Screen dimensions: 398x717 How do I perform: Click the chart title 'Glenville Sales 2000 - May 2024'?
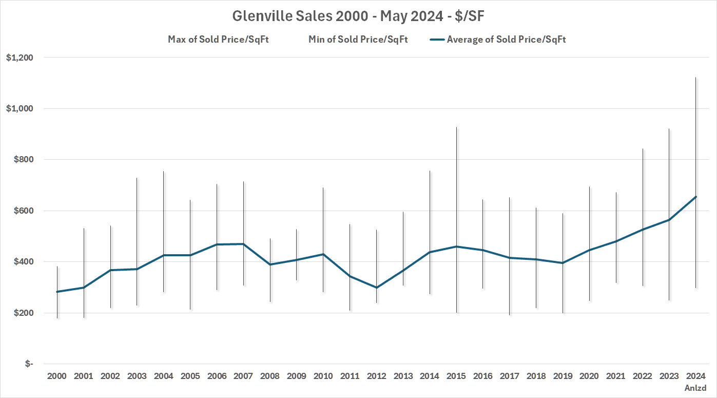click(x=358, y=16)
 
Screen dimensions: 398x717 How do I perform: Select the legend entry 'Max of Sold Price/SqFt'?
click(x=218, y=40)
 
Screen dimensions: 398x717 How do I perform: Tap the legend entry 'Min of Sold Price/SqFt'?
click(x=358, y=40)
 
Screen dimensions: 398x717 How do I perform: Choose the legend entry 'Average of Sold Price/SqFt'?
click(x=506, y=40)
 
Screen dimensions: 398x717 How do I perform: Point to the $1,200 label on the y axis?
click(x=20, y=58)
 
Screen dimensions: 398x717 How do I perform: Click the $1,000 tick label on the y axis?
click(x=20, y=109)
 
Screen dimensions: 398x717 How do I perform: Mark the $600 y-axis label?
click(x=22, y=211)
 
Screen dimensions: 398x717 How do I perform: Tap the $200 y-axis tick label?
click(x=22, y=313)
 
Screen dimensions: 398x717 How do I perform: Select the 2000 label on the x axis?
click(x=57, y=376)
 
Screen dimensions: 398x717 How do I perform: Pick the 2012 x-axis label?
click(x=376, y=376)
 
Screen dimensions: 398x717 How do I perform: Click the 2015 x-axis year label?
click(x=456, y=376)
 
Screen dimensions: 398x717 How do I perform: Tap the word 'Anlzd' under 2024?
click(x=695, y=388)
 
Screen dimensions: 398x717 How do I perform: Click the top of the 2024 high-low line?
click(x=695, y=78)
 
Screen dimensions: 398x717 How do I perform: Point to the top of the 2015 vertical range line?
click(x=456, y=127)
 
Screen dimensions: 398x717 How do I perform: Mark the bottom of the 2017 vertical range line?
click(x=510, y=315)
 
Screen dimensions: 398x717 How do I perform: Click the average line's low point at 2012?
click(x=376, y=288)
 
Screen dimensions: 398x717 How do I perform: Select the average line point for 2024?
click(x=695, y=197)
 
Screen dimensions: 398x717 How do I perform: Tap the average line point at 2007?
click(x=243, y=244)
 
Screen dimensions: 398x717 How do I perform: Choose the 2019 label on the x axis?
click(x=563, y=376)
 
